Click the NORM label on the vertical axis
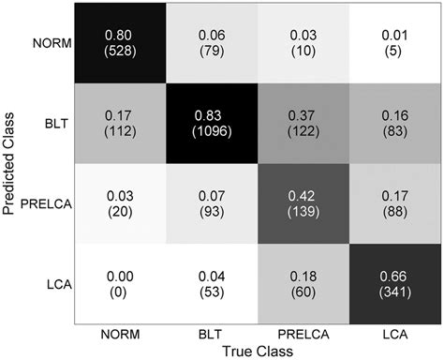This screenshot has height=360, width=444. pos(51,43)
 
